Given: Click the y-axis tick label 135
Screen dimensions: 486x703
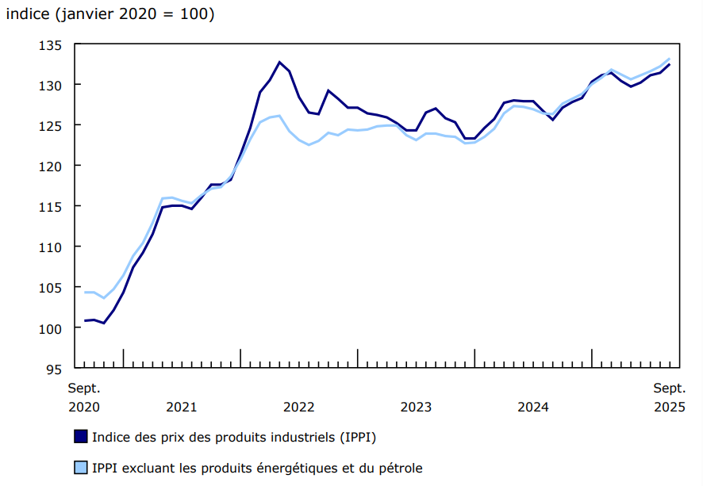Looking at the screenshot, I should click(x=51, y=44).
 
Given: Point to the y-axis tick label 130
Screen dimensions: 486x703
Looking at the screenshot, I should click(x=51, y=85).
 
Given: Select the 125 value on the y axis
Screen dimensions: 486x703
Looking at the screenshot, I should click(x=51, y=125).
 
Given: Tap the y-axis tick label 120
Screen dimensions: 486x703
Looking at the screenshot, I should click(x=51, y=166).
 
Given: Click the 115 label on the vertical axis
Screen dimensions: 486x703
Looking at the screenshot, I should click(x=51, y=206).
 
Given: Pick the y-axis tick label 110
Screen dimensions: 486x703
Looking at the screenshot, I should click(x=51, y=247).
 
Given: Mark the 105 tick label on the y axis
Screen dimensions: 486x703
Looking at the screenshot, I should click(x=51, y=287).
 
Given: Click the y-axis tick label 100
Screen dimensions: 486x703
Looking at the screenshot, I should click(x=51, y=327).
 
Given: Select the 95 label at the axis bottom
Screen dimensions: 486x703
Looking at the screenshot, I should click(x=55, y=368).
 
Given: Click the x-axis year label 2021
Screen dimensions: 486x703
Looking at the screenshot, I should click(x=181, y=407).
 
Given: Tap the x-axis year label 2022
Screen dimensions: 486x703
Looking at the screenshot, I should click(x=298, y=407).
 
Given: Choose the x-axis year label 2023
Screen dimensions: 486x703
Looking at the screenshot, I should click(x=416, y=407).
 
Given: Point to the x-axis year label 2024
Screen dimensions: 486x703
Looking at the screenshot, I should click(x=533, y=407).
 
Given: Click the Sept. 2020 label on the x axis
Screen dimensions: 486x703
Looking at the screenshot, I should click(x=84, y=397).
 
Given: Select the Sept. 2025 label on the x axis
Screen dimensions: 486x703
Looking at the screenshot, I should click(x=670, y=397).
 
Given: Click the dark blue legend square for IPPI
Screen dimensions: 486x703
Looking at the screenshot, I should click(x=80, y=437).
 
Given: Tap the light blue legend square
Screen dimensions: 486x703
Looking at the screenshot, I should click(x=80, y=468).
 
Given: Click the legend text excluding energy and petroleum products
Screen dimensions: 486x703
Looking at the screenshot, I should click(x=257, y=468).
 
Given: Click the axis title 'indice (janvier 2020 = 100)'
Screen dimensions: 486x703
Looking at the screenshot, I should click(x=109, y=14).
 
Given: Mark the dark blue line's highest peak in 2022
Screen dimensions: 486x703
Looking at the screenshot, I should click(x=279, y=62).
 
